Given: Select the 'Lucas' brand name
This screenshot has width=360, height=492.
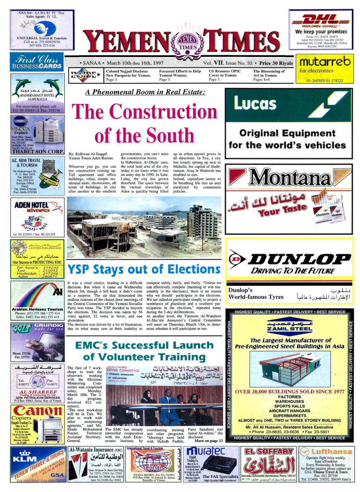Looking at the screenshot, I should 255,102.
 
